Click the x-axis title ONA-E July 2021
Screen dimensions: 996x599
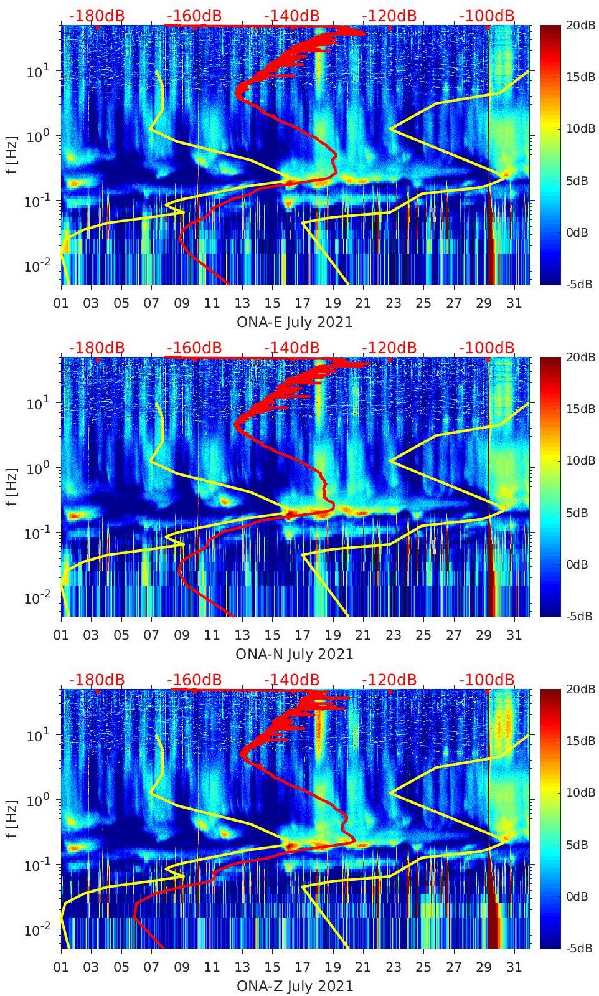tap(295, 322)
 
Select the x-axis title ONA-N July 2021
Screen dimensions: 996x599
tap(295, 654)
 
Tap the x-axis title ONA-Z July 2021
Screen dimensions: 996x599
tap(295, 986)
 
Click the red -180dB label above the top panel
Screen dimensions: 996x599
tap(97, 16)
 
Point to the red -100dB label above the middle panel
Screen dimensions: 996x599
tap(487, 348)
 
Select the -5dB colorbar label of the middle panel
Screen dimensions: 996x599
tap(579, 616)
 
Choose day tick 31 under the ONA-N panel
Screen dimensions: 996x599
tap(514, 635)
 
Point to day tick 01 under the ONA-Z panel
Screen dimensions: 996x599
tap(61, 967)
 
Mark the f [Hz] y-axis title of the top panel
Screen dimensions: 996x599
tap(11, 155)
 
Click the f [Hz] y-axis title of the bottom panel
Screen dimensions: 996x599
tap(11, 819)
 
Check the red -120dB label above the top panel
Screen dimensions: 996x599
tap(389, 16)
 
